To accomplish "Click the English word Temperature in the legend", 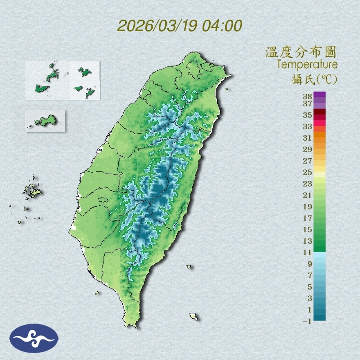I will [x=307, y=65].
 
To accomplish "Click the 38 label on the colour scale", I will [x=307, y=97].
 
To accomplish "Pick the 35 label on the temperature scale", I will [x=307, y=115].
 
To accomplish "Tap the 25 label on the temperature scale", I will [x=307, y=172].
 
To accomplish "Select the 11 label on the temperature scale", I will [x=307, y=252].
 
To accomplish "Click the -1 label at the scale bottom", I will [x=307, y=321].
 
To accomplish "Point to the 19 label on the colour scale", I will [x=307, y=207].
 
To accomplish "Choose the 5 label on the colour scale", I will [x=310, y=287].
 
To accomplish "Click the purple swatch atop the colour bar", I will [x=320, y=94].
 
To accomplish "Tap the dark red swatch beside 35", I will [x=320, y=112].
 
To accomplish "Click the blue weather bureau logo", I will [x=34, y=338].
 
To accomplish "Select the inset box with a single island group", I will [x=45, y=121].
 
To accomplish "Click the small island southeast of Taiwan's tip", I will [x=194, y=317].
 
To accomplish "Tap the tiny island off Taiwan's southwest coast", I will [x=97, y=293].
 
